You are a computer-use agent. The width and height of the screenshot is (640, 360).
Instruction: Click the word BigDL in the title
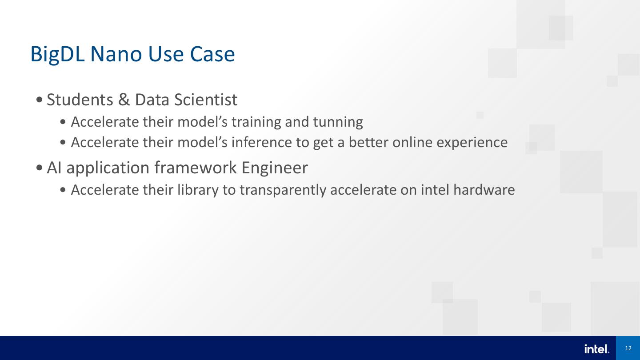tap(57, 55)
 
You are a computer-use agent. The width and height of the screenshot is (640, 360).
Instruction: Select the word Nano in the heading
tap(116, 54)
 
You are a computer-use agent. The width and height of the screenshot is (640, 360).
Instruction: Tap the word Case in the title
tap(212, 54)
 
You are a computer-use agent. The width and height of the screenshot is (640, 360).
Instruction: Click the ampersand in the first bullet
tap(124, 100)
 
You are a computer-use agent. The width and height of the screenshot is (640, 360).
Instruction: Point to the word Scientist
tap(206, 100)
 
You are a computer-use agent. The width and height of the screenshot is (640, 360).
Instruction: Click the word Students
tap(80, 100)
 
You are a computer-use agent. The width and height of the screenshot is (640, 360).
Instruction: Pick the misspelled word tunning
tap(338, 122)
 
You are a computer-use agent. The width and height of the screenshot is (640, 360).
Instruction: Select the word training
tap(256, 122)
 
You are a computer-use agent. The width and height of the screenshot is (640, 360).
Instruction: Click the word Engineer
tap(275, 168)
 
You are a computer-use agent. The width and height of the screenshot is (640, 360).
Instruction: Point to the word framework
tap(196, 167)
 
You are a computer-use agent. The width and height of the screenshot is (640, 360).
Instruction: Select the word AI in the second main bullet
tap(54, 168)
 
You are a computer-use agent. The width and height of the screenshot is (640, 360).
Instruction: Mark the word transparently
tap(283, 190)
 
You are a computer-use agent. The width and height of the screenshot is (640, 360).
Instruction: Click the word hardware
tap(484, 190)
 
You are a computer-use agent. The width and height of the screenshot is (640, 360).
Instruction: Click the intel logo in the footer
tap(597, 349)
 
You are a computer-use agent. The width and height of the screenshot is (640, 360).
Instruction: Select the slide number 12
tap(628, 348)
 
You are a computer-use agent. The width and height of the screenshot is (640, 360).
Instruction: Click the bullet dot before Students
tap(40, 100)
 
